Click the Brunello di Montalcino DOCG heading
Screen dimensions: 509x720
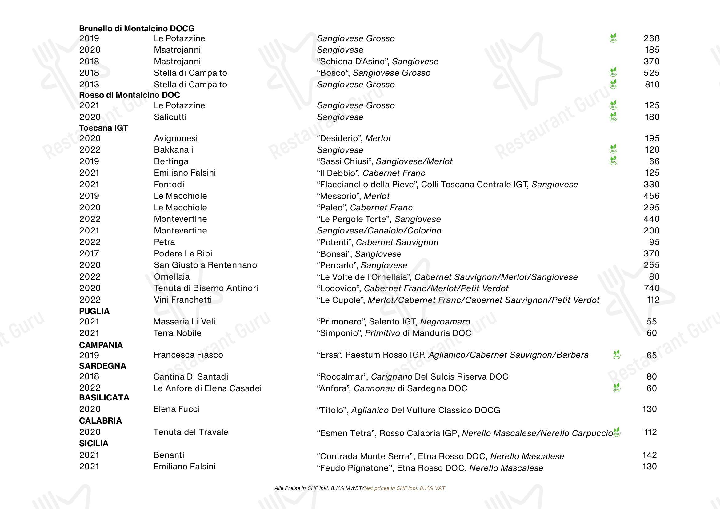(136, 29)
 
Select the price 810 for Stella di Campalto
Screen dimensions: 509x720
(652, 84)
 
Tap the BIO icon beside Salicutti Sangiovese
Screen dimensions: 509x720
(613, 117)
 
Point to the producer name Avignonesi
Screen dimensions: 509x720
(176, 138)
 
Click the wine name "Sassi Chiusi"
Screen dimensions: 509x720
(345, 161)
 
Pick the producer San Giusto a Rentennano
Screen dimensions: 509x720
(205, 265)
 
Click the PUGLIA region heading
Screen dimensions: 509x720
(94, 311)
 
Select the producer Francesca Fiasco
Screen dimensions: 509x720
(188, 355)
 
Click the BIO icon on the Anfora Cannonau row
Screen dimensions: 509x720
(617, 388)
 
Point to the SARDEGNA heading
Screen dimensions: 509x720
(102, 366)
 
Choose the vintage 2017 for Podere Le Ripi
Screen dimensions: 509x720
(89, 253)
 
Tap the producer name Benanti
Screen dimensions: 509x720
(168, 455)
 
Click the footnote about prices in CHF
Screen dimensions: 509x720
(360, 488)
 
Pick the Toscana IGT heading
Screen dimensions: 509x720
(103, 128)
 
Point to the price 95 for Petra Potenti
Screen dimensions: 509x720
(654, 242)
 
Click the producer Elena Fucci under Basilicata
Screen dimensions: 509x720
(176, 409)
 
